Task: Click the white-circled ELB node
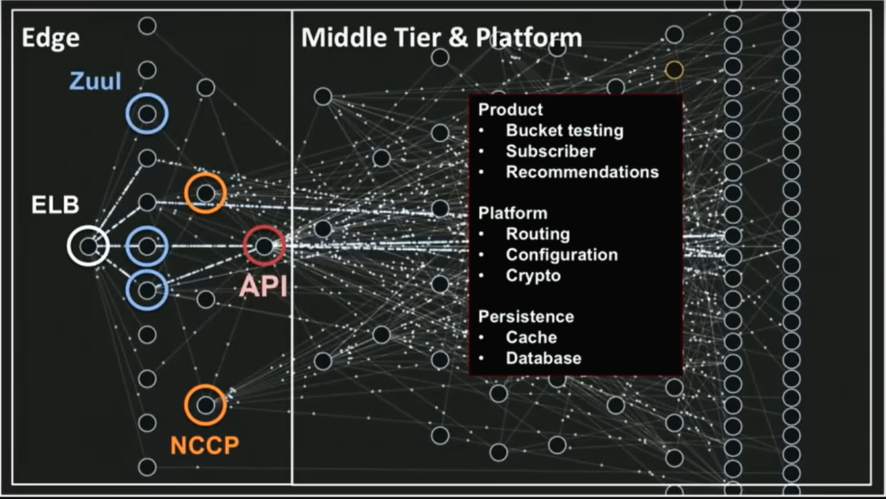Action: coord(88,246)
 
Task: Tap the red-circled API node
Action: coord(264,246)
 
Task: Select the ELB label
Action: coord(55,205)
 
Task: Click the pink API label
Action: coord(263,286)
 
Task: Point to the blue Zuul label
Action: coord(95,82)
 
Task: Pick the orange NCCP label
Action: coord(205,445)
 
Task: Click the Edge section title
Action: coord(50,38)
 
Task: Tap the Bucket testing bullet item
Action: coord(564,130)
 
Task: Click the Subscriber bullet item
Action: coord(550,151)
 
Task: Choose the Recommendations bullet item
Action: coord(581,172)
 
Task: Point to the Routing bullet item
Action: coord(538,234)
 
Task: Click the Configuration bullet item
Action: coord(561,255)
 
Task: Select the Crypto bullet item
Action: coord(533,276)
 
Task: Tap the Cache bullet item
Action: coord(531,338)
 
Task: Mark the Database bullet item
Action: coord(543,359)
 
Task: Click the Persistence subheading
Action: coord(526,317)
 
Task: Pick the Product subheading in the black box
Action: coord(510,109)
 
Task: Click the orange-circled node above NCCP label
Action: coord(205,404)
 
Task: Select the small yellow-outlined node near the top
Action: coord(674,70)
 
